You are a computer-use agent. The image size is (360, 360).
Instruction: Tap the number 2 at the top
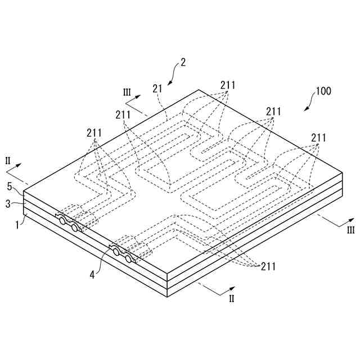pyautogui.click(x=182, y=64)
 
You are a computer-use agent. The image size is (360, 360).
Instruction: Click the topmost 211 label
pyautogui.click(x=228, y=85)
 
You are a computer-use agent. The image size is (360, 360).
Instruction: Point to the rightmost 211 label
pyautogui.click(x=318, y=137)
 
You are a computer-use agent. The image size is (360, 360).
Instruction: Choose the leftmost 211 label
pyautogui.click(x=94, y=133)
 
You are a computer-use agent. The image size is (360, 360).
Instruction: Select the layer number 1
pyautogui.click(x=17, y=224)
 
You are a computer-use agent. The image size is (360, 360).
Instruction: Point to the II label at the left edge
pyautogui.click(x=7, y=161)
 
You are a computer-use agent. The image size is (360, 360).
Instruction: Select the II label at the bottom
pyautogui.click(x=231, y=299)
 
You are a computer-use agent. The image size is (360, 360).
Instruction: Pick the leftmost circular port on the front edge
pyautogui.click(x=61, y=221)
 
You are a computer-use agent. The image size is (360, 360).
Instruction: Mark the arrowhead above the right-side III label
pyautogui.click(x=353, y=219)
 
